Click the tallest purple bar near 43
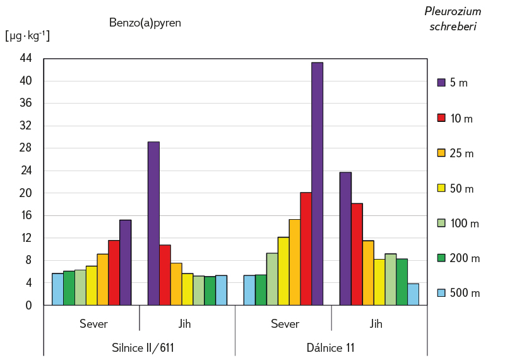(x=317, y=183)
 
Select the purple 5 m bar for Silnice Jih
(x=153, y=224)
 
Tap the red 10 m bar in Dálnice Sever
(x=306, y=249)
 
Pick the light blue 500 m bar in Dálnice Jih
(x=413, y=294)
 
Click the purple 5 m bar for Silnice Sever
(x=125, y=263)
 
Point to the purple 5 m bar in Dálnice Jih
(x=345, y=239)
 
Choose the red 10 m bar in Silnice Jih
(x=165, y=275)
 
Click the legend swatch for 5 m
(x=442, y=82)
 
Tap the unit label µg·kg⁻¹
(x=27, y=36)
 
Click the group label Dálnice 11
(x=331, y=347)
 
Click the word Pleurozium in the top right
(x=453, y=11)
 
